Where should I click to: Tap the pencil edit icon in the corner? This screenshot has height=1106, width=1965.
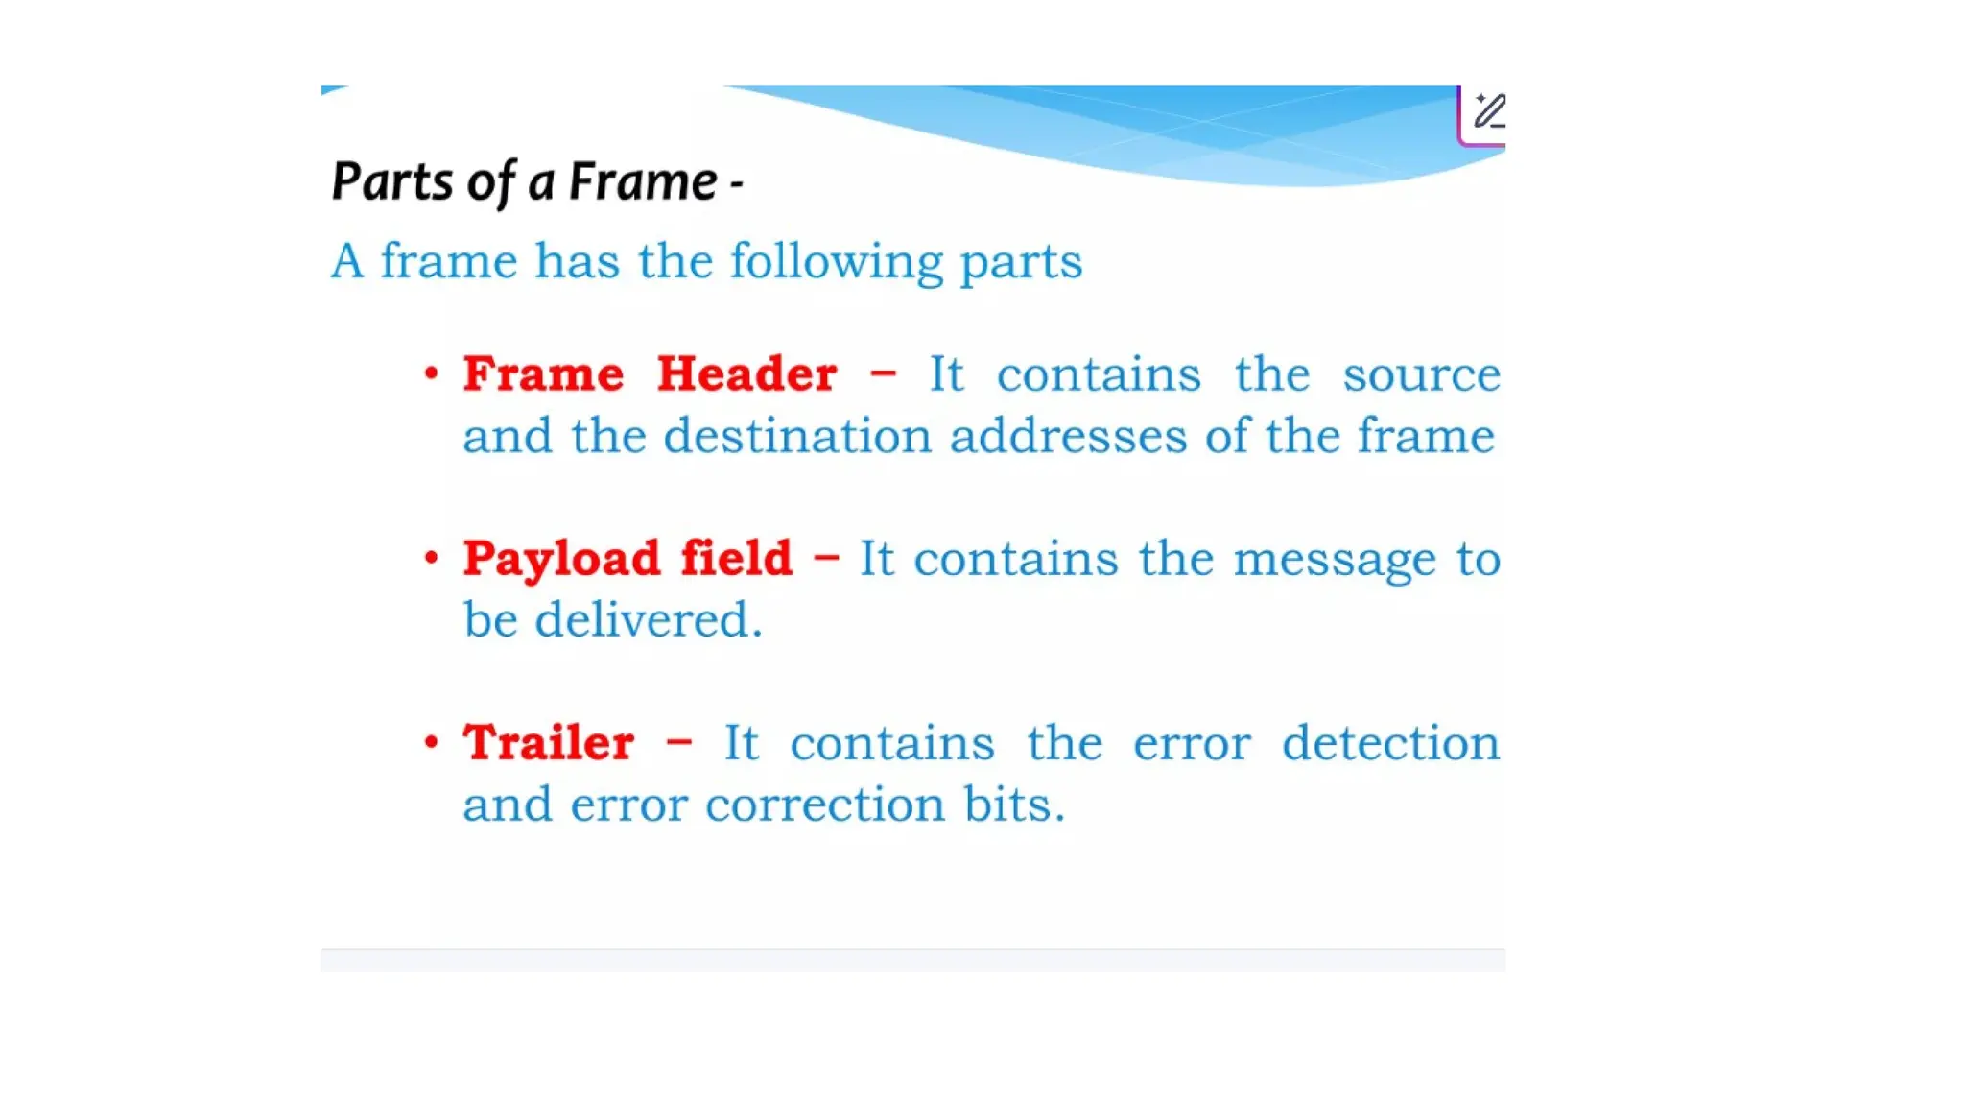pyautogui.click(x=1488, y=111)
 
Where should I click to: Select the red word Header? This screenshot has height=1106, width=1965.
pyautogui.click(x=746, y=373)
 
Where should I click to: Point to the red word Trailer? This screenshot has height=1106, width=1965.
pyautogui.click(x=548, y=742)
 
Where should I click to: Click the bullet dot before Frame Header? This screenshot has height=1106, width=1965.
pyautogui.click(x=432, y=373)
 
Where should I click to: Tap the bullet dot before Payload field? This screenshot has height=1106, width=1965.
pyautogui.click(x=432, y=557)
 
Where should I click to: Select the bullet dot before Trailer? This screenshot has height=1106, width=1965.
pyautogui.click(x=432, y=741)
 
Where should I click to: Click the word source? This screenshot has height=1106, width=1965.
pyautogui.click(x=1421, y=374)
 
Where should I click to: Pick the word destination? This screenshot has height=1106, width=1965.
pyautogui.click(x=797, y=436)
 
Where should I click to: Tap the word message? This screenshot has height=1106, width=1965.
pyautogui.click(x=1334, y=560)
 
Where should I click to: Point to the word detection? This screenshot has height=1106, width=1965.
pyautogui.click(x=1390, y=743)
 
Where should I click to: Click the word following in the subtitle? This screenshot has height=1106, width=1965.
pyautogui.click(x=836, y=262)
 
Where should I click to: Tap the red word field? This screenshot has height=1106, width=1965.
pyautogui.click(x=736, y=558)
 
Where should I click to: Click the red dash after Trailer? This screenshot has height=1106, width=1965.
pyautogui.click(x=678, y=742)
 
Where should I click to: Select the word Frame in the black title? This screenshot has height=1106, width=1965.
pyautogui.click(x=643, y=181)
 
